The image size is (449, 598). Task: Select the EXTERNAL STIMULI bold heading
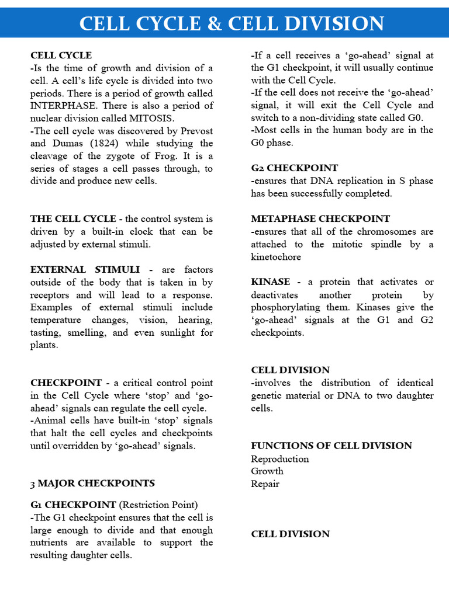tap(85, 270)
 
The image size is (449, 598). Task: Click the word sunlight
tap(174, 333)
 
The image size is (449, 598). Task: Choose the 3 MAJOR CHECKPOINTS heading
tap(92, 484)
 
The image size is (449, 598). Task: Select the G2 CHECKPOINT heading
tap(294, 168)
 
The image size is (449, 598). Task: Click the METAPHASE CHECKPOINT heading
tap(320, 219)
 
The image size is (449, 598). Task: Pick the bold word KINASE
tap(272, 282)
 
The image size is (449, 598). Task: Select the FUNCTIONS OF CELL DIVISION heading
tap(331, 446)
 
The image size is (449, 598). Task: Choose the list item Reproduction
tap(279, 459)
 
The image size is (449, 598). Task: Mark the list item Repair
tap(265, 484)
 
